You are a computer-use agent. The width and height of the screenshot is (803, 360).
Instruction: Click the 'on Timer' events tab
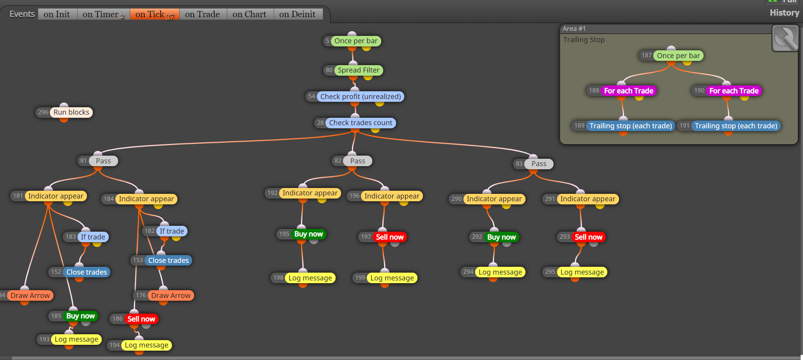click(x=103, y=14)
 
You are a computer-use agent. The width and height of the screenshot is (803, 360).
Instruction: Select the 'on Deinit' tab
click(x=297, y=14)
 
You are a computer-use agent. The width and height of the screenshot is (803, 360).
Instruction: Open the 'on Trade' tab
click(x=203, y=14)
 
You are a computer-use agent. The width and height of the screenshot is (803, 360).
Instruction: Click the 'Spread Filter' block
click(x=358, y=70)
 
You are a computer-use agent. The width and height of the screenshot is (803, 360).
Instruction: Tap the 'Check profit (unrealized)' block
click(x=361, y=97)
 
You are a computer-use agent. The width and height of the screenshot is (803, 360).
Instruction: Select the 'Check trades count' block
click(x=361, y=123)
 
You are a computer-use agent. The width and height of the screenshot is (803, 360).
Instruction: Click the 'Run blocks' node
click(x=71, y=112)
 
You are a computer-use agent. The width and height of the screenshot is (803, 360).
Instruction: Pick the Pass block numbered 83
click(x=539, y=164)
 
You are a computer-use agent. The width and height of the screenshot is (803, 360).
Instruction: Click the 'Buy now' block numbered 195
click(x=308, y=234)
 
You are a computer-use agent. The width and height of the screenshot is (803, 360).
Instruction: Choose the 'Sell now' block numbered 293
click(x=588, y=237)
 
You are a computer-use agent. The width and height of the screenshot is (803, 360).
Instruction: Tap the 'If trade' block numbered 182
click(x=172, y=231)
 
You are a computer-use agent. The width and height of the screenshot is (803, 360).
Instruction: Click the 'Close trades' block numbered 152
click(x=87, y=272)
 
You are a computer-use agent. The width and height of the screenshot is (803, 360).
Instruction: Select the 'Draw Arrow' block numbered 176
click(x=171, y=296)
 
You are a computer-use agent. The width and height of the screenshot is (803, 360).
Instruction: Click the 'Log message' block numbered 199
click(x=392, y=278)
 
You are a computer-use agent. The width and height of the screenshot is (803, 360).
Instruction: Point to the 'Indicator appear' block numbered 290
click(x=494, y=199)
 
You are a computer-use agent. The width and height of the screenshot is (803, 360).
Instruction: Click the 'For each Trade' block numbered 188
click(x=629, y=91)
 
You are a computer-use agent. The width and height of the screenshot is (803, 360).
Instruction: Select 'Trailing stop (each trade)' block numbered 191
click(x=736, y=126)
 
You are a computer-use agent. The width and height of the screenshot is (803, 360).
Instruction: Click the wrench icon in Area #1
click(x=785, y=38)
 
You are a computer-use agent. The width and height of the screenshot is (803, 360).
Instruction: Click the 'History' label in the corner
click(x=784, y=13)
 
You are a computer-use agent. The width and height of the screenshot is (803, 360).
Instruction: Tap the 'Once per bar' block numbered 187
click(x=678, y=56)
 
